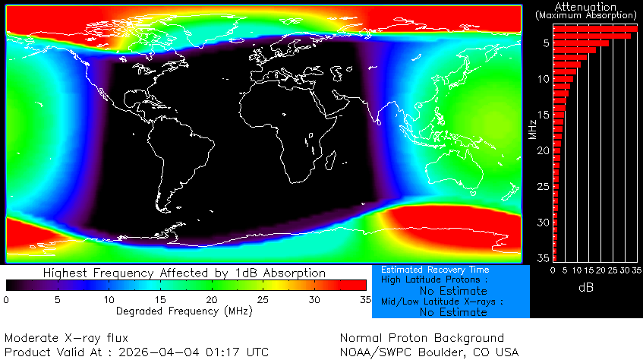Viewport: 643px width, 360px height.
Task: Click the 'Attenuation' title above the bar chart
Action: (x=585, y=6)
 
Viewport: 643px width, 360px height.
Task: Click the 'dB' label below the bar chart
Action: (x=586, y=288)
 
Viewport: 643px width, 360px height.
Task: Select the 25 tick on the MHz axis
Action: (x=544, y=187)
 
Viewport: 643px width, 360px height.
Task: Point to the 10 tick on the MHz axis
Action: (x=544, y=79)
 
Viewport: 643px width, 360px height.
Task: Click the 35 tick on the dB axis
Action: (x=636, y=270)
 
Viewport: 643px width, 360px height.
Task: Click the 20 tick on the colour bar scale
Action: (x=211, y=300)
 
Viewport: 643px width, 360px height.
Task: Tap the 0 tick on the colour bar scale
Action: (x=6, y=300)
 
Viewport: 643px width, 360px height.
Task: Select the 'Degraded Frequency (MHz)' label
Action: (x=176, y=311)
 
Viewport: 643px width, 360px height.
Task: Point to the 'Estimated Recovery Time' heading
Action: (x=435, y=270)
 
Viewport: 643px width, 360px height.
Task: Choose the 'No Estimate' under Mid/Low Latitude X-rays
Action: (x=453, y=312)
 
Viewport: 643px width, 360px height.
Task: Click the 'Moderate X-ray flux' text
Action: (x=56, y=338)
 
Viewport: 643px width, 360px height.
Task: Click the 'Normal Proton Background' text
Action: (x=422, y=338)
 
